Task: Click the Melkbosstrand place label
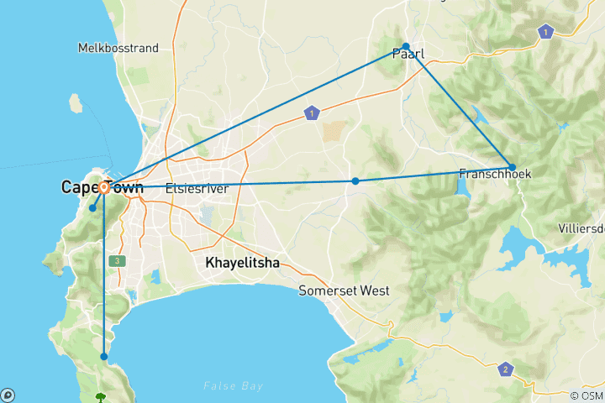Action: tap(118, 48)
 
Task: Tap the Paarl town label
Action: tap(408, 55)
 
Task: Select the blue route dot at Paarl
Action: tap(406, 46)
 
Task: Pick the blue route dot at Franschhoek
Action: tap(513, 167)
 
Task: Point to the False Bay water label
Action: tap(234, 385)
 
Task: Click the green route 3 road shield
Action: tap(117, 261)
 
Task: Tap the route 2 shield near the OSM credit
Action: tap(505, 369)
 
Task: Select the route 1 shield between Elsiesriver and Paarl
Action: tap(313, 113)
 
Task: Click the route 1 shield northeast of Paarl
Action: tap(547, 32)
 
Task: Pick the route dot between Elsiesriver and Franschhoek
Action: tap(355, 181)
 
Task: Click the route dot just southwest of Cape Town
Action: tap(92, 208)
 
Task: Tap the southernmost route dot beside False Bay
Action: tap(104, 357)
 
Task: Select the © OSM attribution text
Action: tap(586, 395)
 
